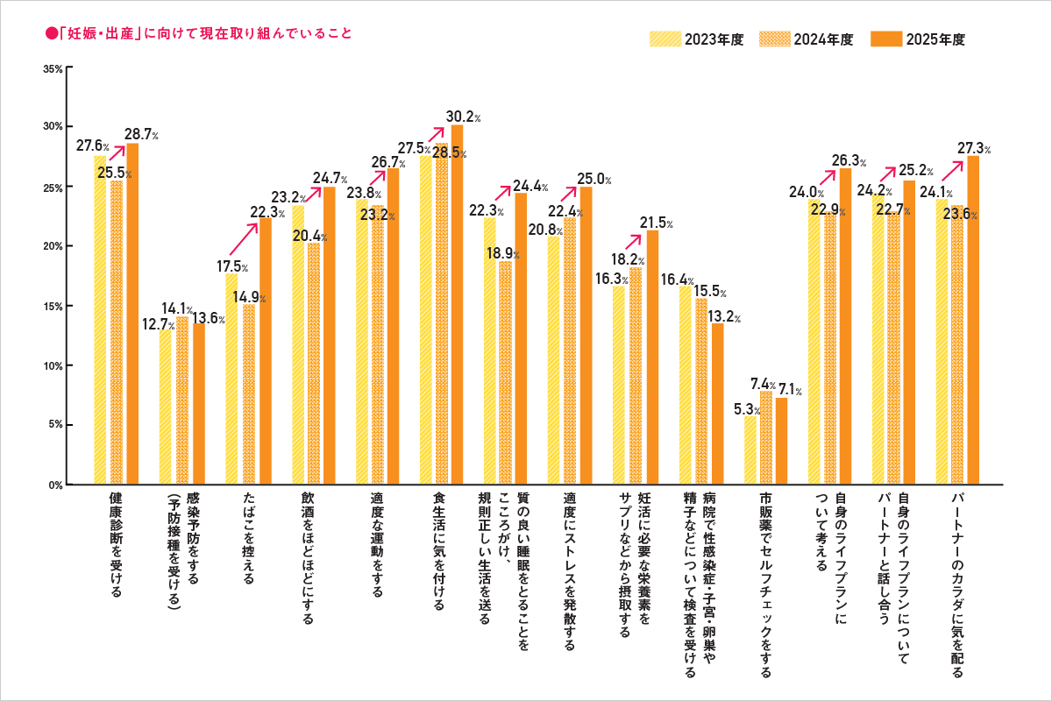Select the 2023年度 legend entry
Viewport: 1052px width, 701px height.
click(696, 39)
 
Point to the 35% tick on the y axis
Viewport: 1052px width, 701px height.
click(53, 67)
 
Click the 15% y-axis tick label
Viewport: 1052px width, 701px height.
click(53, 306)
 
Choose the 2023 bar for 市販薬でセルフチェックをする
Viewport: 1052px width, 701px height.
click(750, 450)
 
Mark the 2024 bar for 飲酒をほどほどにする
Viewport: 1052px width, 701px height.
click(315, 363)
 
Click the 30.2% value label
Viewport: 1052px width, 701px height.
click(462, 116)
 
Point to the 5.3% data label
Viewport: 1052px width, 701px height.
click(744, 408)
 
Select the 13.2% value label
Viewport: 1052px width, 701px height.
click(726, 316)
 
